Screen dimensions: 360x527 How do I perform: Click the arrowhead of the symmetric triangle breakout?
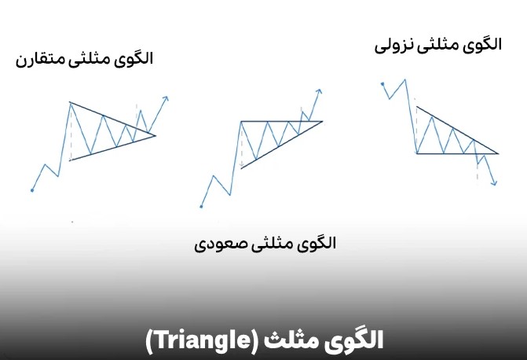166,98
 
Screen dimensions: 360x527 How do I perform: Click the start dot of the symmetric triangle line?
31,189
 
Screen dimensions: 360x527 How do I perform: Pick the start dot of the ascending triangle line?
202,207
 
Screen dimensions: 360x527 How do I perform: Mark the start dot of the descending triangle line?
382,83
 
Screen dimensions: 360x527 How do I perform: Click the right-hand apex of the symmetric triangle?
156,135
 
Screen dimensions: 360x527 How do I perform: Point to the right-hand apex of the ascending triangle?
322,121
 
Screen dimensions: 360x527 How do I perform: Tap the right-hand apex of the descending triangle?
499,152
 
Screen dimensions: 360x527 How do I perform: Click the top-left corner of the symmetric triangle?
70,102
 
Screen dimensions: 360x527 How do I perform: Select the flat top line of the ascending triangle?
275,121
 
